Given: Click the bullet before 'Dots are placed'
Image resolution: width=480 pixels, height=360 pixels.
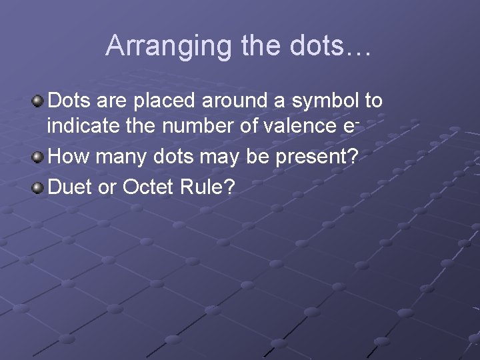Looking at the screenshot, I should pyautogui.click(x=38, y=101).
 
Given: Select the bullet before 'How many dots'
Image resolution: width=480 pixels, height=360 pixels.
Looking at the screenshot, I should pyautogui.click(x=38, y=157).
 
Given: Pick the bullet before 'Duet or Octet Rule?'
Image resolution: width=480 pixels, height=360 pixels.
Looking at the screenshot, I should pyautogui.click(x=38, y=186).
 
